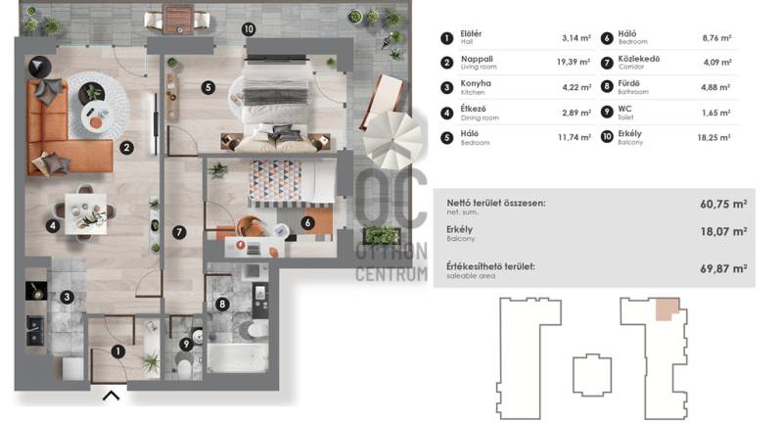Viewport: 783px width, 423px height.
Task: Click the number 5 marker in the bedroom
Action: [x=208, y=88]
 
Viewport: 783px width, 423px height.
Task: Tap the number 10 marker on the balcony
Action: [x=249, y=29]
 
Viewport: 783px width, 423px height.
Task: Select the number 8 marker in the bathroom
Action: [x=222, y=304]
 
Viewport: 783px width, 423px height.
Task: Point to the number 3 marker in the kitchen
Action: [x=67, y=297]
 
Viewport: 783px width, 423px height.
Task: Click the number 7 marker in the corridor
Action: [x=179, y=232]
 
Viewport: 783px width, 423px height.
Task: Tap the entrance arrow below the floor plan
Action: [x=111, y=396]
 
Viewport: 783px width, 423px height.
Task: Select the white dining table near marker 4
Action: [x=86, y=213]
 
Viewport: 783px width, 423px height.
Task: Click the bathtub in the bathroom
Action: [x=237, y=356]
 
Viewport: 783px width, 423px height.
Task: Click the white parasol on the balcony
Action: [x=392, y=139]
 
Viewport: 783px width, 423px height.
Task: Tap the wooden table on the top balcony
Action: [x=178, y=20]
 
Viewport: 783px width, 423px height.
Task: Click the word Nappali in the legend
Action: [x=477, y=59]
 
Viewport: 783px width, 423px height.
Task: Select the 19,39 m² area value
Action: [x=574, y=62]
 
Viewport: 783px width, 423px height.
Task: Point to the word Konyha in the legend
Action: [x=476, y=83]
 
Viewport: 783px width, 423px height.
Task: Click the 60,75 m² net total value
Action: [x=723, y=204]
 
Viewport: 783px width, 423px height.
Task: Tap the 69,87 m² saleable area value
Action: [x=723, y=268]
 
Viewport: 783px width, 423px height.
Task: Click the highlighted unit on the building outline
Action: [x=667, y=308]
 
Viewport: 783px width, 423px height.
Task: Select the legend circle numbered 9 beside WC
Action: [x=607, y=112]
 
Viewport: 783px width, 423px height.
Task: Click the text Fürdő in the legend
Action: [x=628, y=83]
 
